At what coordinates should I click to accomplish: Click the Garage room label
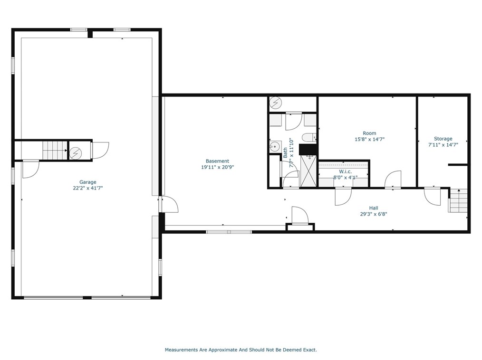88,182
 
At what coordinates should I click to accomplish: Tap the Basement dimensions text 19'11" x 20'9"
217,167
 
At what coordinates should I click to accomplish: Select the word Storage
443,139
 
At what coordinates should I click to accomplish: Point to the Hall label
374,208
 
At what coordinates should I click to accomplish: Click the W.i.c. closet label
345,172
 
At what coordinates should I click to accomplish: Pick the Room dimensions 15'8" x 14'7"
369,139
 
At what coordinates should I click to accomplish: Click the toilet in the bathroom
309,137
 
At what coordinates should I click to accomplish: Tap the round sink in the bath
275,147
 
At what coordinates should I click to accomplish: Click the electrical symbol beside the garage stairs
76,153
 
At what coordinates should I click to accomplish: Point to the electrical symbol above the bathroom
275,103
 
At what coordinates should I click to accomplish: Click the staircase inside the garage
54,151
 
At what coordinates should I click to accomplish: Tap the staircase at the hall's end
458,200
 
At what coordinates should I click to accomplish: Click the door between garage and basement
169,204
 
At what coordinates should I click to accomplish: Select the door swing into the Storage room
432,196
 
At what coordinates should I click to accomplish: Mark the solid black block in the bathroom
308,149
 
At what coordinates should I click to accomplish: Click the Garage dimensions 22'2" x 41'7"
88,188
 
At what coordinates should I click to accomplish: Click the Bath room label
285,152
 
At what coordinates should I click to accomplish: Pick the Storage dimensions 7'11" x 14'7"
443,145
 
